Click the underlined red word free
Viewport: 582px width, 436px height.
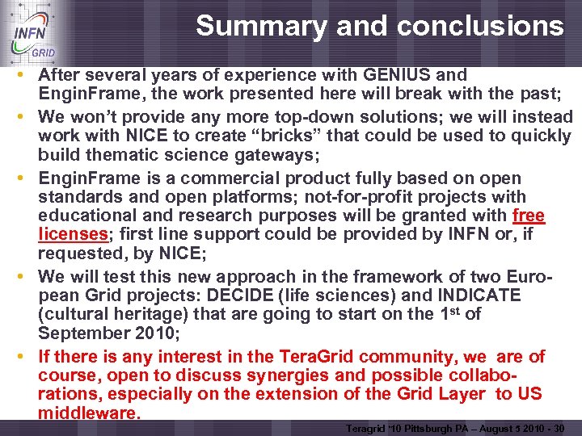(x=529, y=216)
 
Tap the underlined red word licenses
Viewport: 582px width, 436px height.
(x=72, y=235)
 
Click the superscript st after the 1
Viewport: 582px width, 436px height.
(x=451, y=309)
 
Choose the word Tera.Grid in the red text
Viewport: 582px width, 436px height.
(x=315, y=356)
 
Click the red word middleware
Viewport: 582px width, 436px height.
(x=88, y=413)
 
